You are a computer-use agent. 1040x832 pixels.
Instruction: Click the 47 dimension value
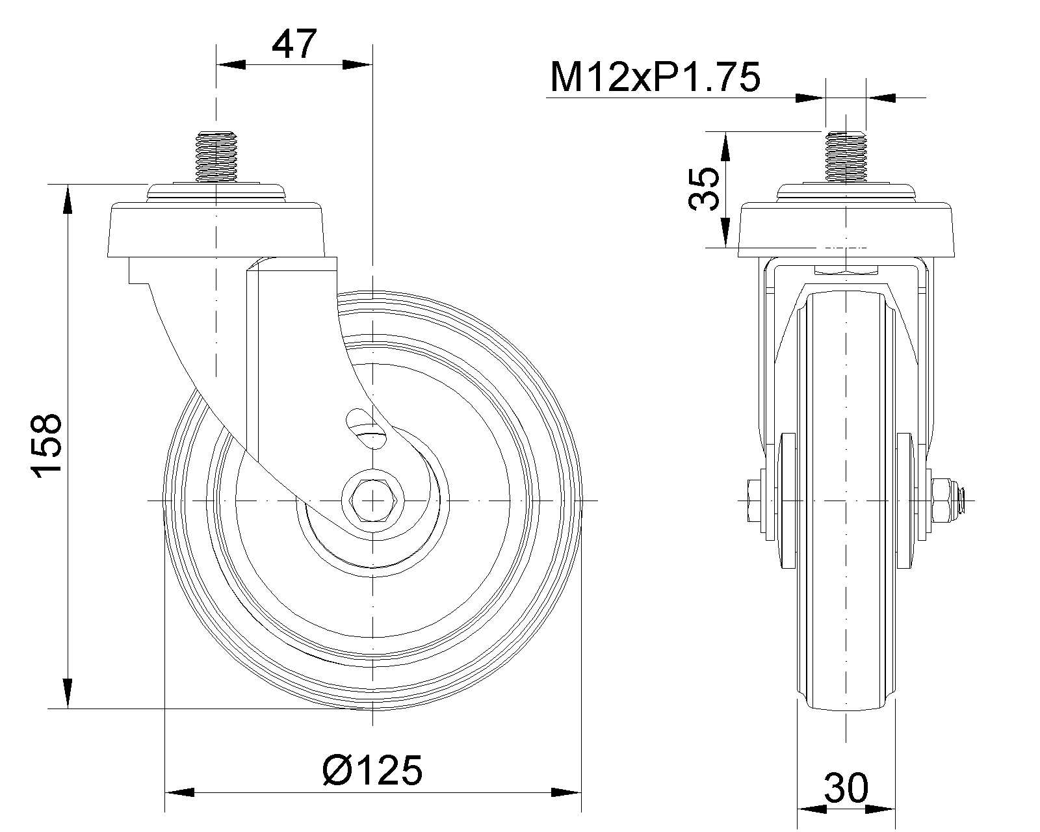[294, 44]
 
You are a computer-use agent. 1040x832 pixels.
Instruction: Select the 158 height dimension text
[47, 445]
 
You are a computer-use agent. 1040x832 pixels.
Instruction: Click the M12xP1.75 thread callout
[655, 77]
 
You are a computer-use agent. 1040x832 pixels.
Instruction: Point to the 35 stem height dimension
[704, 188]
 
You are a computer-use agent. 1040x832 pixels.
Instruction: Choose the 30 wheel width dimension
[846, 789]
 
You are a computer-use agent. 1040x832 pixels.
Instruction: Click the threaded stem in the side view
[216, 157]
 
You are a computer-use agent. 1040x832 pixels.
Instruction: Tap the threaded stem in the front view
[846, 157]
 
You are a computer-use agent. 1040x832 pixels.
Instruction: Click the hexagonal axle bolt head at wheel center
[372, 501]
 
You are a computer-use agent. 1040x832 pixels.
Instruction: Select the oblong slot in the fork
[367, 428]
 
